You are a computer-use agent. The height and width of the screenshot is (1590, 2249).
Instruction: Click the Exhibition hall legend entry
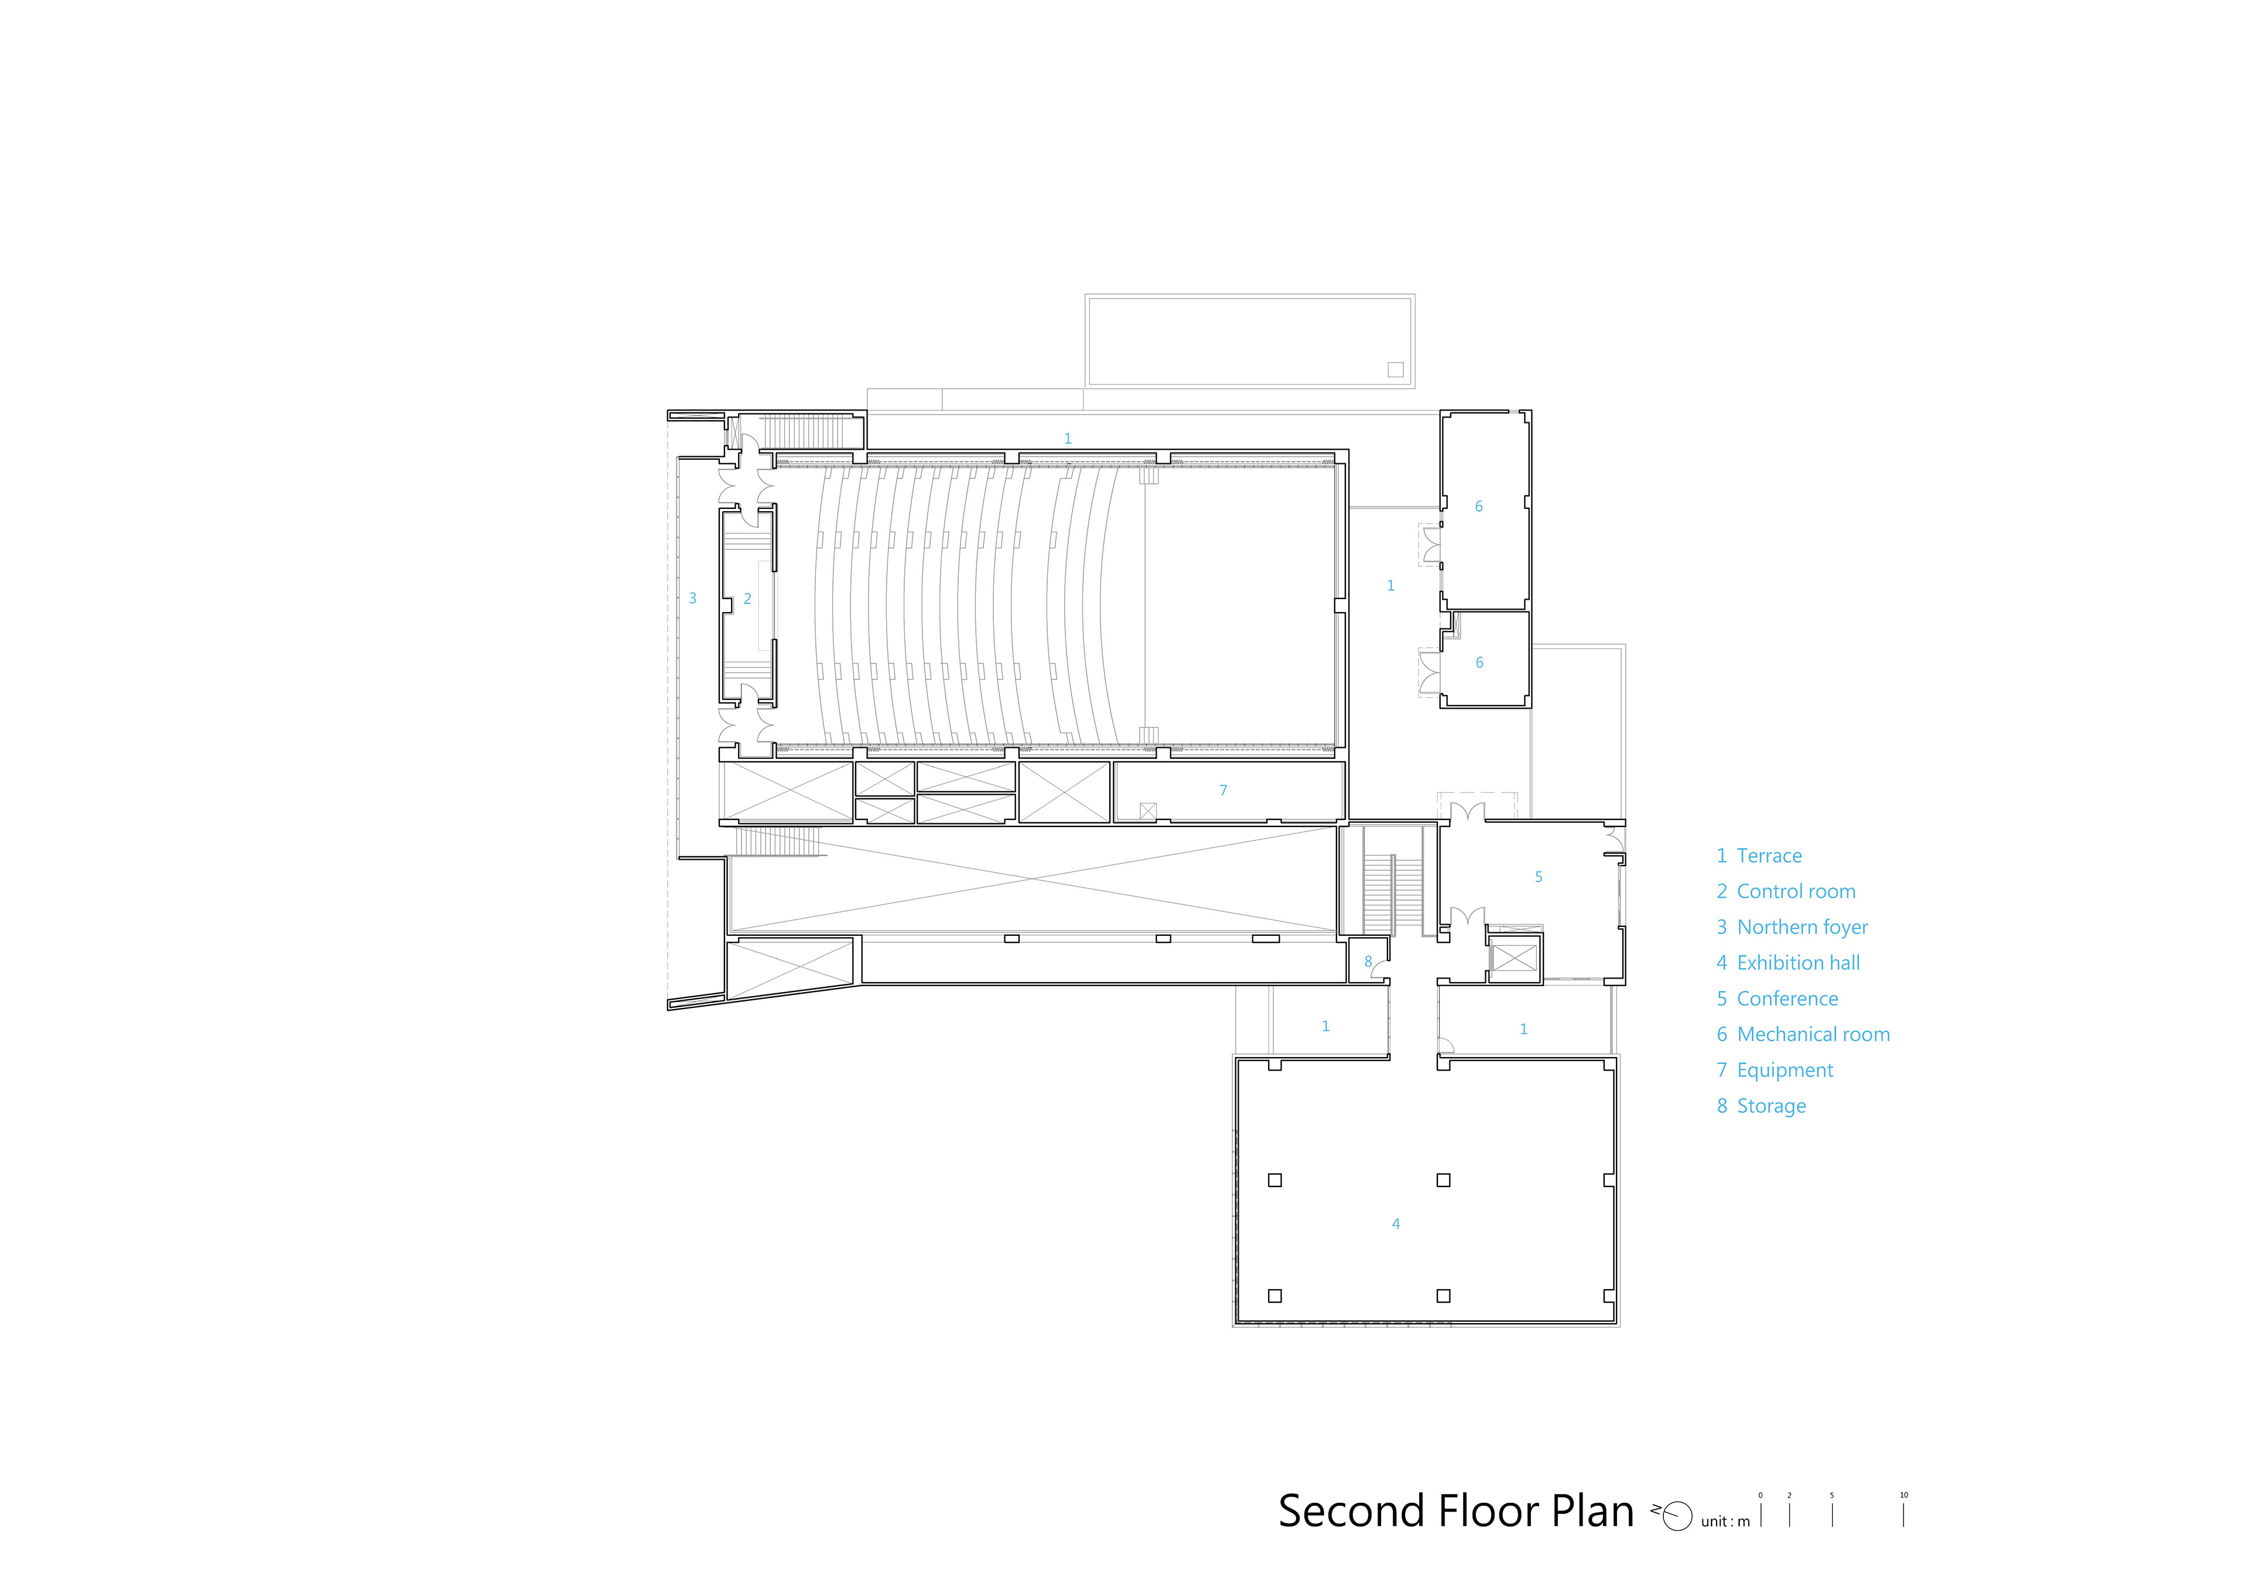[x=1787, y=963]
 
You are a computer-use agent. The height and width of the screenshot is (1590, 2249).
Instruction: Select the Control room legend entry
[x=1786, y=891]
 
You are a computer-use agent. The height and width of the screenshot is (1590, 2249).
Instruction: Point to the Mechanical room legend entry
[x=1802, y=1035]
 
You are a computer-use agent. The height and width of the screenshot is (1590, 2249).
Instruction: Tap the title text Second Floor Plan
[x=1455, y=1512]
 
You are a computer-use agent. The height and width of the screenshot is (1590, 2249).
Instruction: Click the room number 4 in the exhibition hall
[x=1396, y=1223]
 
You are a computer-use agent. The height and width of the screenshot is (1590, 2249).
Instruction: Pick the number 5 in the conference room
[x=1539, y=877]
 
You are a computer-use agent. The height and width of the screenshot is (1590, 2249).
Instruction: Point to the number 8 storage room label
[x=1368, y=962]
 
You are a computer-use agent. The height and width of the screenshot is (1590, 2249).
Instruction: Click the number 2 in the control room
[x=747, y=599]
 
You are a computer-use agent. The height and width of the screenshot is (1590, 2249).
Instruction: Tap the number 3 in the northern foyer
[x=692, y=597]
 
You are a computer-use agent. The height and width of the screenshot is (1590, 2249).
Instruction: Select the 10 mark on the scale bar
[x=1904, y=1495]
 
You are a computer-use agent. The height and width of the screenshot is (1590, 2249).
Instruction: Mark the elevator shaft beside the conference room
[x=1515, y=957]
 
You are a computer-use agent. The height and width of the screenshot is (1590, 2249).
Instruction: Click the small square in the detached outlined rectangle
[x=1396, y=370]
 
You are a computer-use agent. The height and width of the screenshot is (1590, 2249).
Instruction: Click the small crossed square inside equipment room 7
[x=1148, y=811]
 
